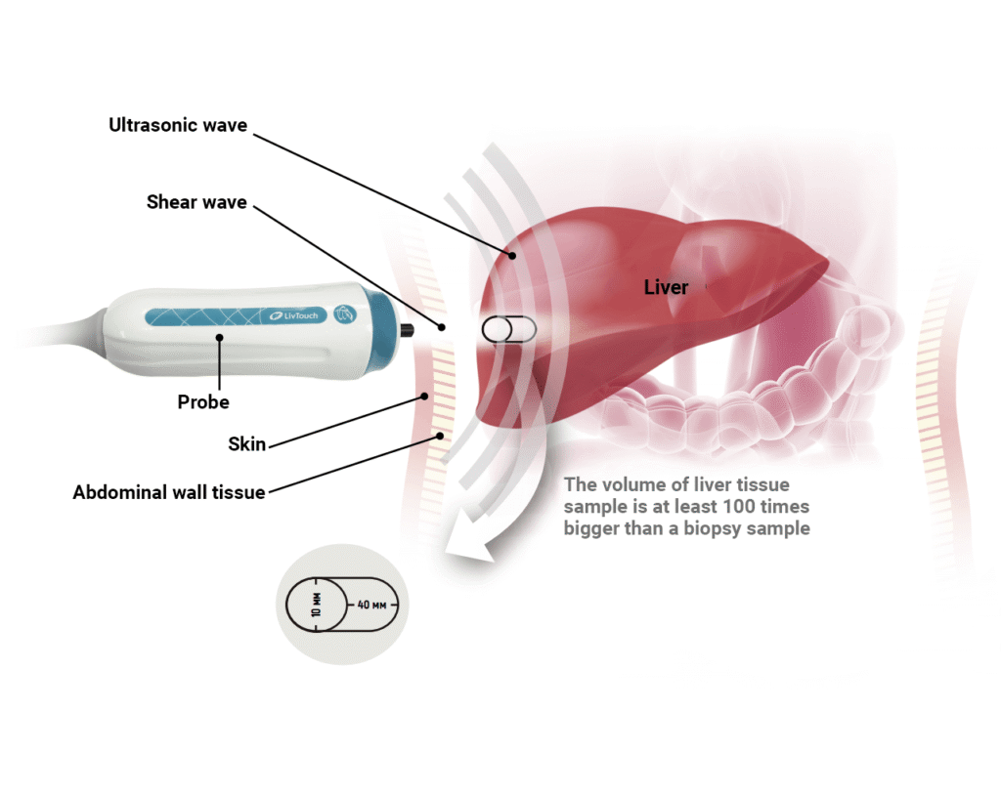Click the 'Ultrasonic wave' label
click(178, 125)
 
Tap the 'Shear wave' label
click(196, 202)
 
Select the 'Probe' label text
click(203, 402)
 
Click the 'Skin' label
click(246, 443)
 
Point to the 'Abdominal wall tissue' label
click(168, 492)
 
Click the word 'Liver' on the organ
click(666, 288)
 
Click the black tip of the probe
click(406, 330)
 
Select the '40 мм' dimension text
click(371, 605)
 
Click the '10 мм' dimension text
click(316, 605)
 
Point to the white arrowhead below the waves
click(469, 547)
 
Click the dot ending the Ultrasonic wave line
click(512, 256)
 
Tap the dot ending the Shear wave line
click(441, 327)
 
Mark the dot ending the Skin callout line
click(424, 397)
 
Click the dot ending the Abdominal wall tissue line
click(440, 437)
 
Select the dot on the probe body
click(220, 337)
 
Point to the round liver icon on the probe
click(345, 313)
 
